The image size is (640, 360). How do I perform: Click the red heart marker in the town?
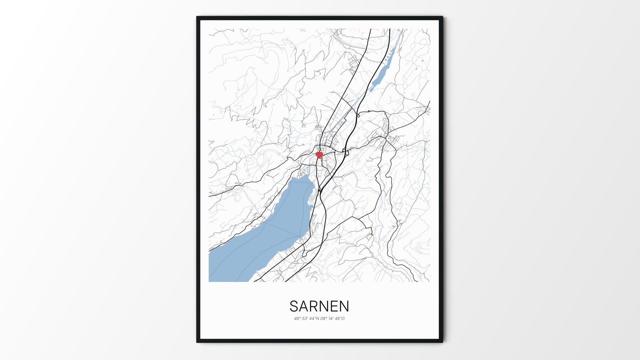(319, 155)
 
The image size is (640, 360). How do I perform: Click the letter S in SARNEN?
(294, 306)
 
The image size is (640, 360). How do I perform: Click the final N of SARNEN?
(344, 306)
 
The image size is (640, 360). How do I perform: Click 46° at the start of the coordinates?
(297, 318)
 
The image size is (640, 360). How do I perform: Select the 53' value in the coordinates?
(305, 318)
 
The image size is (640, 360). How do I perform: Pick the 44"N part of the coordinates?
(314, 318)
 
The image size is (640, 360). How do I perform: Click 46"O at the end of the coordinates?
(340, 318)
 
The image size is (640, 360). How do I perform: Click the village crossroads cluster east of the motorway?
(386, 137)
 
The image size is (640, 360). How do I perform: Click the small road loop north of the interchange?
(358, 115)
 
